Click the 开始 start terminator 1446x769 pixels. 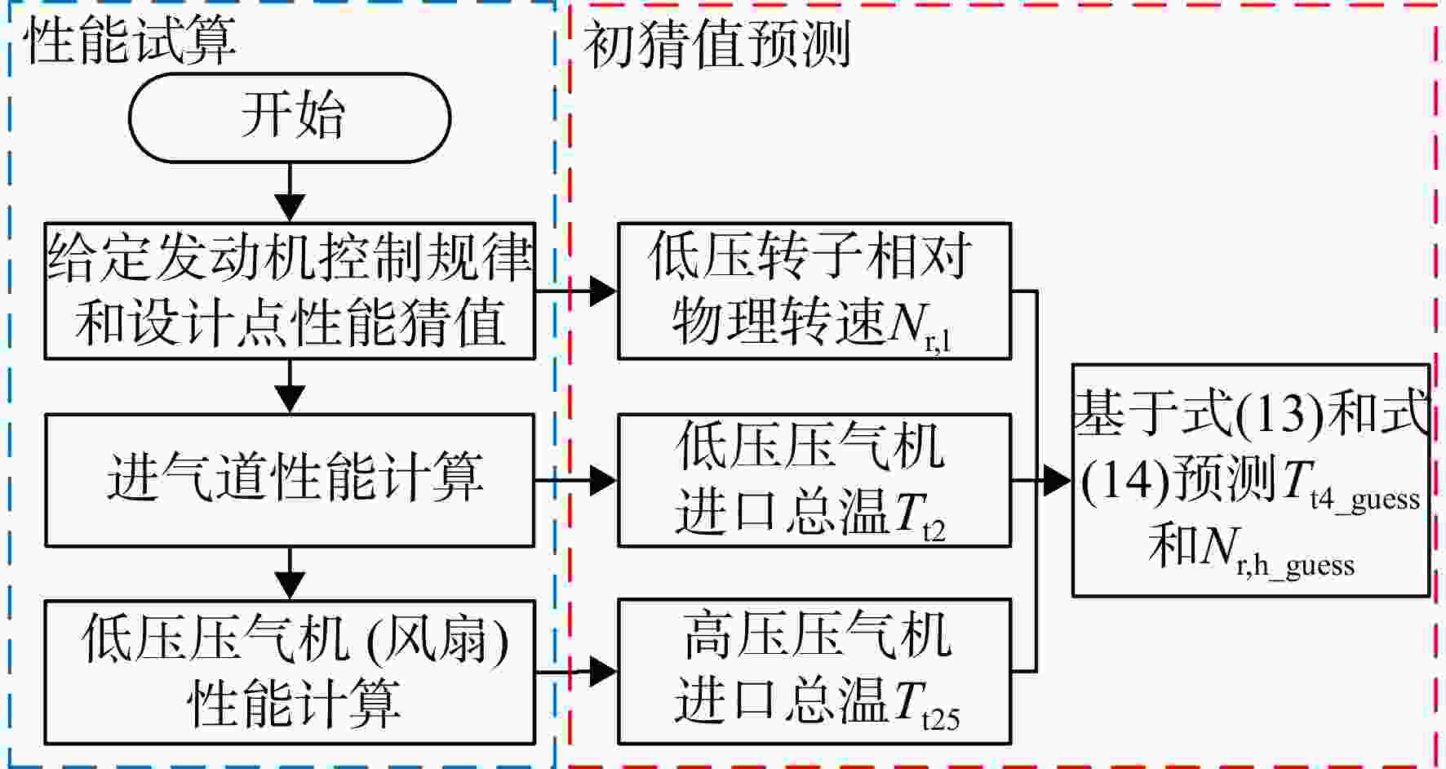[x=290, y=118]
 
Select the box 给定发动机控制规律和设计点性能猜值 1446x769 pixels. [x=290, y=291]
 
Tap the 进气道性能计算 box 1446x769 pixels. [x=290, y=480]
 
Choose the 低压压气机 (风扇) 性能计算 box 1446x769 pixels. [x=290, y=671]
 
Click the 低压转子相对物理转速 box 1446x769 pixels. [x=814, y=291]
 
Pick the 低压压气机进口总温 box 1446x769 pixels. [x=814, y=480]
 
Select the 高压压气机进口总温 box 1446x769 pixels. [x=814, y=671]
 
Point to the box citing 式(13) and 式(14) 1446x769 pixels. [x=1251, y=480]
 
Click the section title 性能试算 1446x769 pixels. [x=131, y=41]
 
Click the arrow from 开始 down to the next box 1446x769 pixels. [x=290, y=192]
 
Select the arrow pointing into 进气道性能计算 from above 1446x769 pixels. [x=290, y=387]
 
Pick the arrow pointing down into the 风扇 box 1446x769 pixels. [x=290, y=574]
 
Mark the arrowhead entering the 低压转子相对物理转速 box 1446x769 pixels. [x=603, y=291]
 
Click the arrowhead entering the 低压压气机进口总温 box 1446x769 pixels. [x=603, y=480]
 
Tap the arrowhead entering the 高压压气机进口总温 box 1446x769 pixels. [x=603, y=671]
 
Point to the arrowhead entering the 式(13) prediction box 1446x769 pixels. [x=1058, y=480]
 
